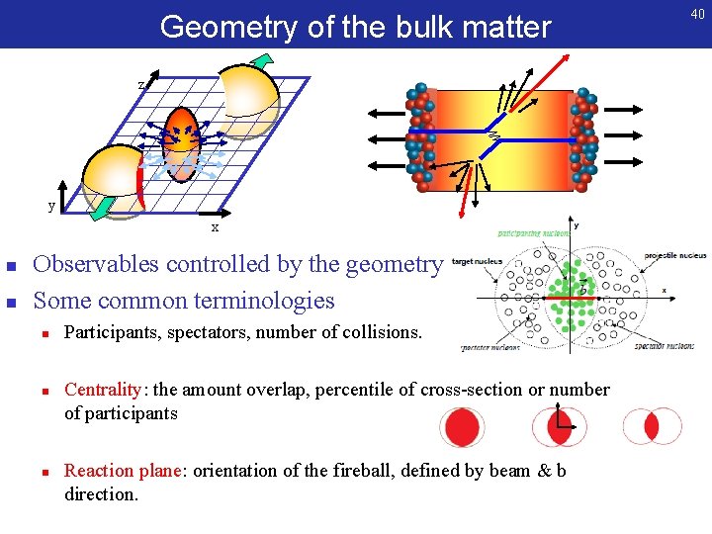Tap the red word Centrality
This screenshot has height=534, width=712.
(103, 390)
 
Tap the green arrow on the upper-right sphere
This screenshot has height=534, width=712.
(262, 60)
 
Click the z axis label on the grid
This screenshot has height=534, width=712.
(142, 85)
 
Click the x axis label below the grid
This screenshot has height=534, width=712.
(215, 228)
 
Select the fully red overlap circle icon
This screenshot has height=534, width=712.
(461, 426)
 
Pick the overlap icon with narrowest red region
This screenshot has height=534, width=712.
(651, 426)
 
